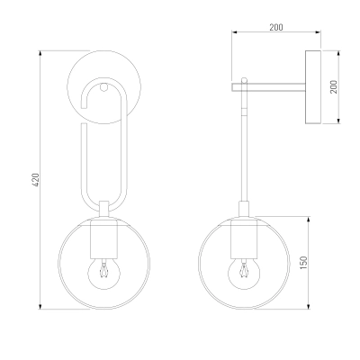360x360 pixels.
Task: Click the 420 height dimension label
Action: [x=35, y=180]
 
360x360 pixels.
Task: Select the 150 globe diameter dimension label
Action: [x=304, y=263]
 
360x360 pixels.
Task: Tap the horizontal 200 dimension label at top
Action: [x=276, y=27]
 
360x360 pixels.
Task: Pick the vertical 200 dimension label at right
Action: [x=334, y=87]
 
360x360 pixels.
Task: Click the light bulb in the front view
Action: [x=103, y=273]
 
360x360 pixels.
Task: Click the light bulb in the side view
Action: [x=244, y=273]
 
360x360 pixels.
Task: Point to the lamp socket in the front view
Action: [x=103, y=239]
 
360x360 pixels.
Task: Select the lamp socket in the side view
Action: [x=244, y=239]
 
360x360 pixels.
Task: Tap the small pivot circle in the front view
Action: [x=103, y=87]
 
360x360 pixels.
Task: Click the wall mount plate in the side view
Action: [x=313, y=87]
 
